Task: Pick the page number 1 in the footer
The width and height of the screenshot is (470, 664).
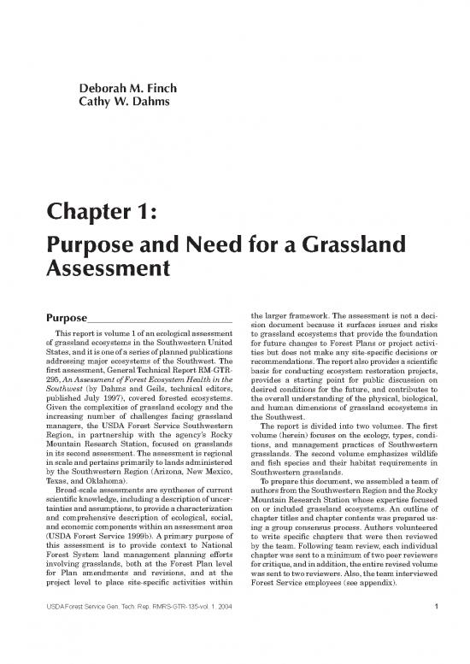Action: coord(436,633)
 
